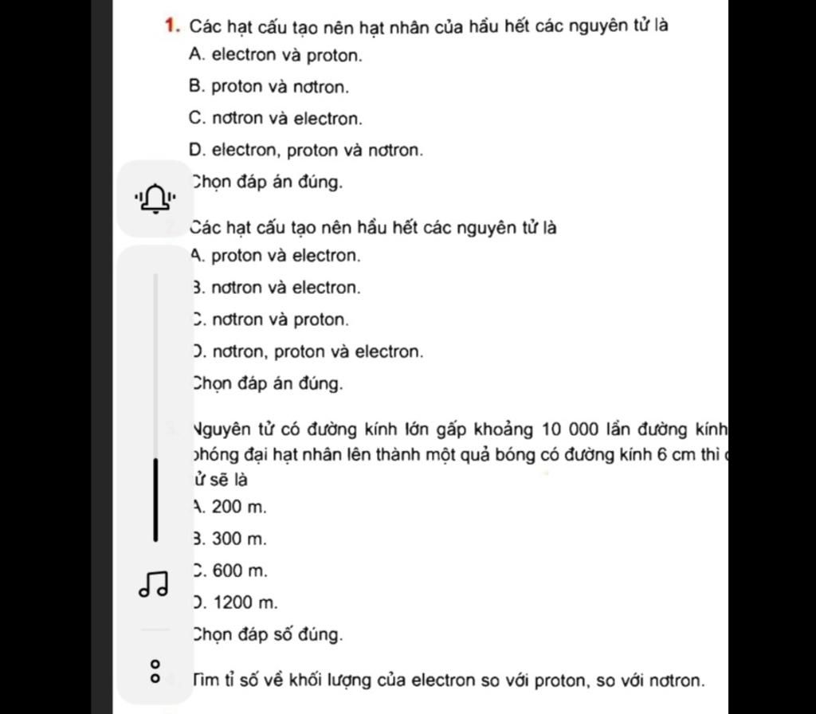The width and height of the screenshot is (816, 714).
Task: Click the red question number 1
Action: point(171,25)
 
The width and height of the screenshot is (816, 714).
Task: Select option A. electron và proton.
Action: point(276,56)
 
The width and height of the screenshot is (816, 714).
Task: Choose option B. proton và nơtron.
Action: point(269,87)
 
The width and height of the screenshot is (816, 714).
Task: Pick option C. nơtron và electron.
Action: point(276,119)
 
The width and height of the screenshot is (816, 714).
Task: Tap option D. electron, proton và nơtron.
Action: point(306,150)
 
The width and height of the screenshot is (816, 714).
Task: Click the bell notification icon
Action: point(155,197)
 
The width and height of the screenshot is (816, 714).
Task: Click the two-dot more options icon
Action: point(155,670)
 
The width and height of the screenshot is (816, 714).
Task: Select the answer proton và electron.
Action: point(276,257)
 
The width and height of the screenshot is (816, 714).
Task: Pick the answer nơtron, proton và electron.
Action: point(308,351)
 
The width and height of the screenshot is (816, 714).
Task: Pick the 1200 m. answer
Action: point(236,602)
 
